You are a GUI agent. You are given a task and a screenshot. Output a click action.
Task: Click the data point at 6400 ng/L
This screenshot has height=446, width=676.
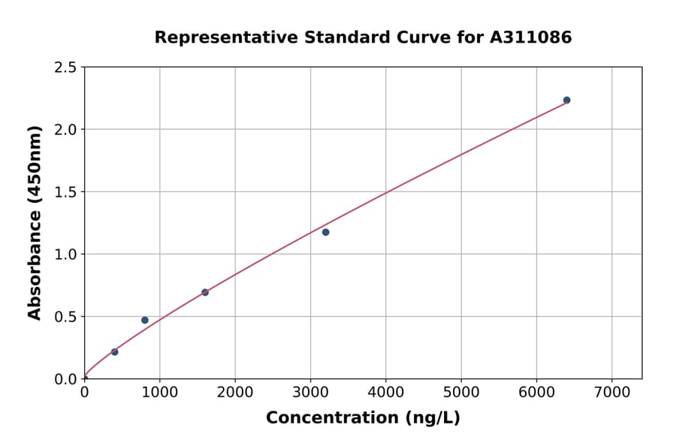point(566,100)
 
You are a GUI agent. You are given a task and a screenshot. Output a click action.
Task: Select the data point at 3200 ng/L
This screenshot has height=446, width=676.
point(325,232)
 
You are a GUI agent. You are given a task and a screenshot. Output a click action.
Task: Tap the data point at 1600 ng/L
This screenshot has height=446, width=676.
point(205,292)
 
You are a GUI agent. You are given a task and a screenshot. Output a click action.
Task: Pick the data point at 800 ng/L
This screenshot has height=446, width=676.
point(145,320)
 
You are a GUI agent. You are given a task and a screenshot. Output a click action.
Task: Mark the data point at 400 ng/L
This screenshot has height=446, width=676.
point(114,351)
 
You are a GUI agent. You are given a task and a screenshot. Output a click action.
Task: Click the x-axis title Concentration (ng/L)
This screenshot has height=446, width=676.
point(363,418)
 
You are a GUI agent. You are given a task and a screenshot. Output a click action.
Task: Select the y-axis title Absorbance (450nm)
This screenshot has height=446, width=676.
point(35,222)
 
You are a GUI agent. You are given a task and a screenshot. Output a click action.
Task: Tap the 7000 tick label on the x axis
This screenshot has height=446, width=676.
point(611,393)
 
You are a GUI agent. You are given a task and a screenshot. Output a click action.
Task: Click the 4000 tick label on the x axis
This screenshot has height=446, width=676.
point(385,393)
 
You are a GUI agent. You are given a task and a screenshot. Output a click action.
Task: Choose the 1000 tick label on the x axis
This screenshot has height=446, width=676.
point(159,393)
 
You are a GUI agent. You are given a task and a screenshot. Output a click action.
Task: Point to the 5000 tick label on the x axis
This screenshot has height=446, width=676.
point(461,393)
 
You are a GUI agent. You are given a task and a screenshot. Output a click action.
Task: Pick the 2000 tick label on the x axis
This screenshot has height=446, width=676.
point(235,393)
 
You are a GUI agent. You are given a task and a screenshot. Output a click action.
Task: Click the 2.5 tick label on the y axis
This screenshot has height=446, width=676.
point(66,68)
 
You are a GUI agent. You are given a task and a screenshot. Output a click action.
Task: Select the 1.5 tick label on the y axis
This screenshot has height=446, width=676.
point(66,192)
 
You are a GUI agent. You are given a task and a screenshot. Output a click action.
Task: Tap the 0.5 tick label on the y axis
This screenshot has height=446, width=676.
point(66,317)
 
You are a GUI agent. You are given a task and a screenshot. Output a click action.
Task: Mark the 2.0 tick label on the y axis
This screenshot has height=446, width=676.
point(66,130)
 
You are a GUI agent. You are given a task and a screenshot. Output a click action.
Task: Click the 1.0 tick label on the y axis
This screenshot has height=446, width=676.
point(66,255)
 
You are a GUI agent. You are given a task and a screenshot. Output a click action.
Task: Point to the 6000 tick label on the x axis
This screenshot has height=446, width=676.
point(536,393)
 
